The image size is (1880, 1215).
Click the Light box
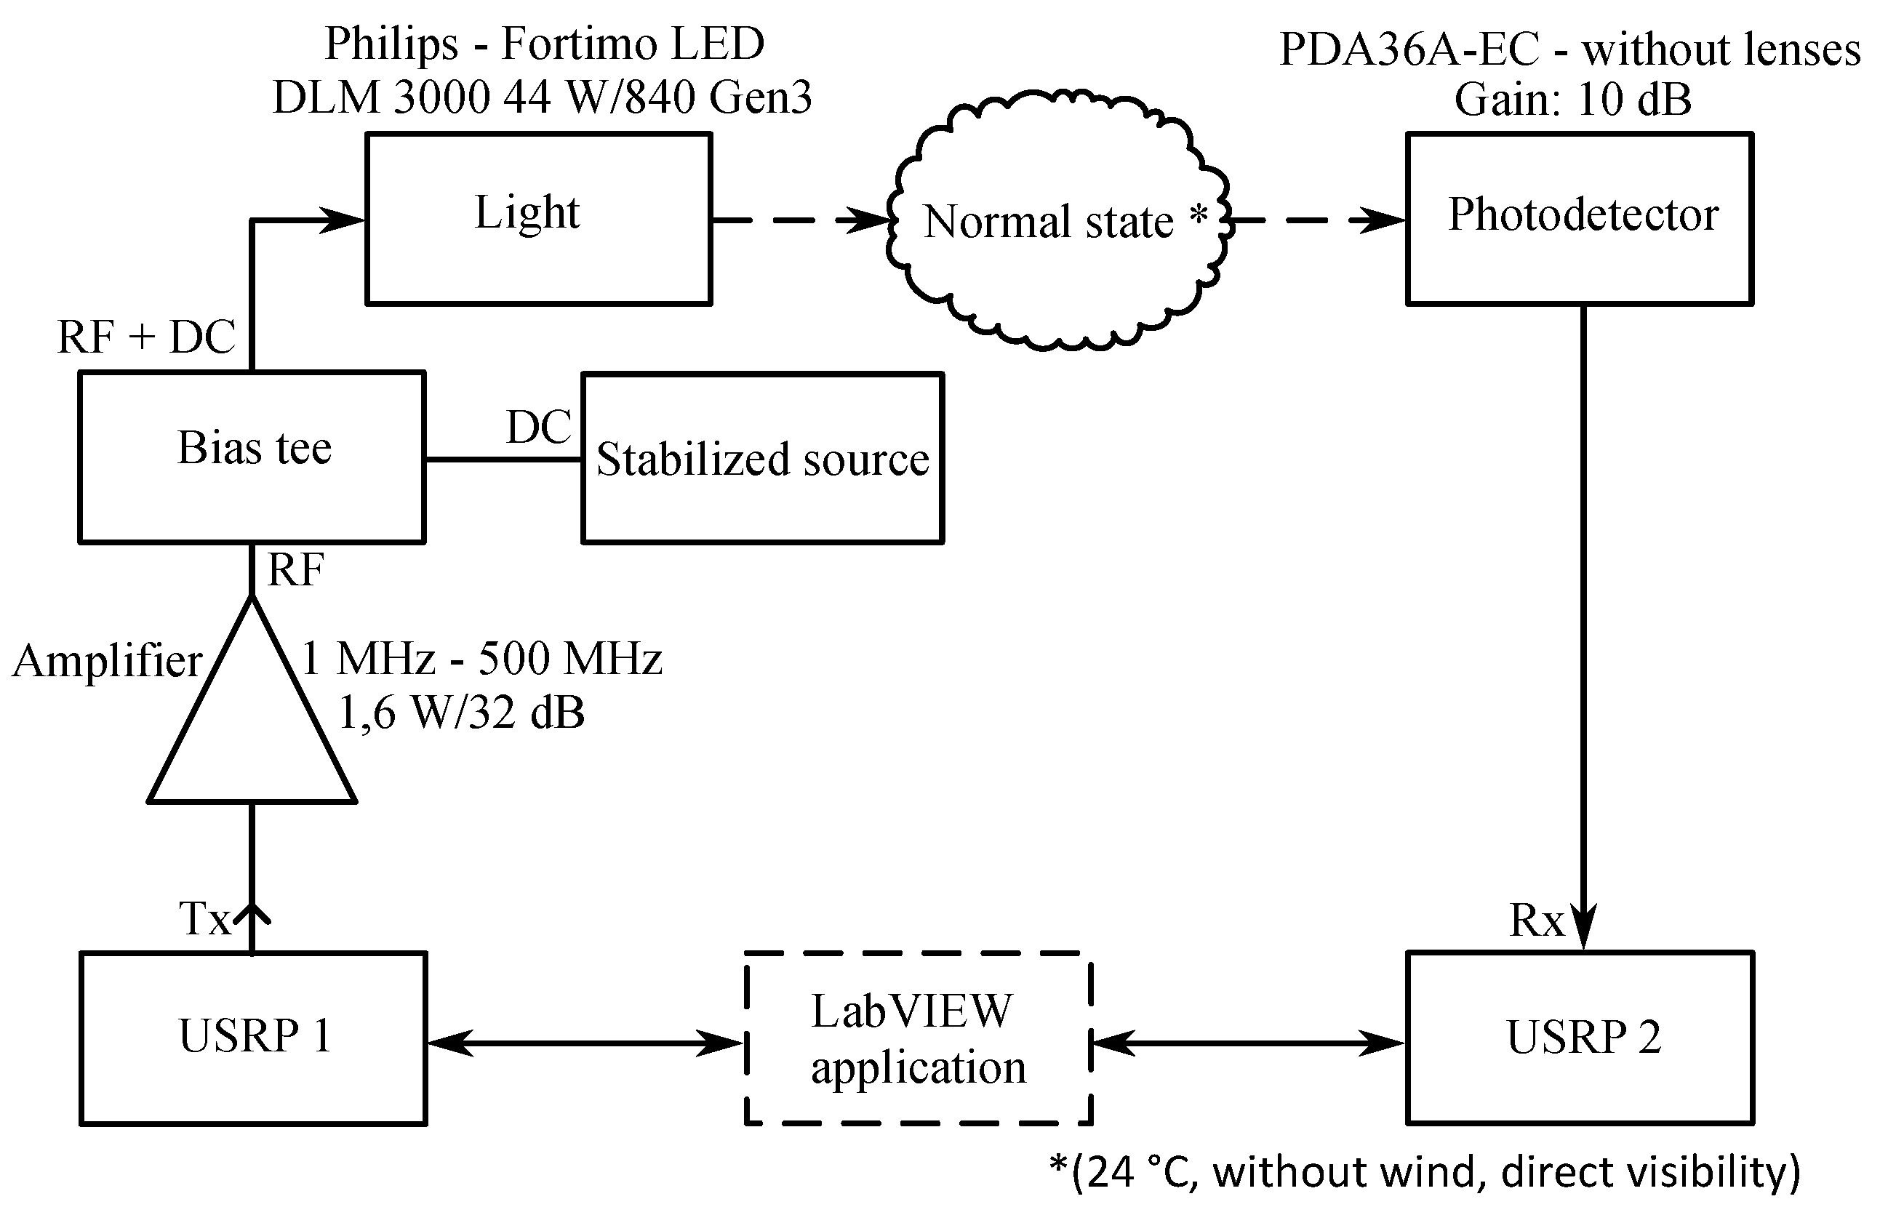pyautogui.click(x=539, y=219)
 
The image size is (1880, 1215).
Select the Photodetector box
pyautogui.click(x=1580, y=219)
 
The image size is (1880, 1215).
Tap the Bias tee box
pyautogui.click(x=252, y=457)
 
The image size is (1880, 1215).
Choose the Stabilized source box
pyautogui.click(x=762, y=458)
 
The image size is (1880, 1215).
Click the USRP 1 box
pyautogui.click(x=253, y=1038)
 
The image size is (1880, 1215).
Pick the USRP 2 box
pyautogui.click(x=1580, y=1038)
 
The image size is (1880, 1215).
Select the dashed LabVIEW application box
pyautogui.click(x=919, y=1038)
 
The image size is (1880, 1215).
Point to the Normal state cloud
pyautogui.click(x=1057, y=221)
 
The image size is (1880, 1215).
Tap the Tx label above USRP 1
pyautogui.click(x=204, y=918)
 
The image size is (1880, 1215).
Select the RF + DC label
pyautogui.click(x=147, y=337)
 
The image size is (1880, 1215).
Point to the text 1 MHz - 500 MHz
pyautogui.click(x=481, y=659)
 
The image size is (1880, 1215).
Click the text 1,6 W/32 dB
pyautogui.click(x=462, y=713)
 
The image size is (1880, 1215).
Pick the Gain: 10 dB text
pyautogui.click(x=1572, y=100)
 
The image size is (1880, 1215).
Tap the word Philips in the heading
pyautogui.click(x=391, y=44)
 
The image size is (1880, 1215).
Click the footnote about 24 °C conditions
pyautogui.click(x=1424, y=1171)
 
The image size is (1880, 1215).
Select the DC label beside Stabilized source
pyautogui.click(x=539, y=428)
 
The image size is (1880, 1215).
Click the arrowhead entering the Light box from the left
pyautogui.click(x=344, y=220)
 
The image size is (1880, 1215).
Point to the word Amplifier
pyautogui.click(x=108, y=660)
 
